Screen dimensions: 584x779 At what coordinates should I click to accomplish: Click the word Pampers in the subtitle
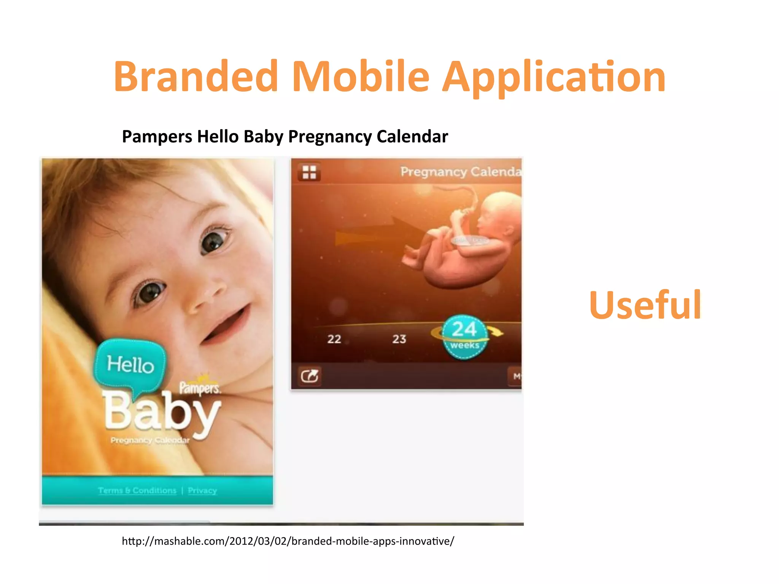click(x=157, y=136)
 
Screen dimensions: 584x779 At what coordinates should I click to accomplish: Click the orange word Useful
click(x=645, y=305)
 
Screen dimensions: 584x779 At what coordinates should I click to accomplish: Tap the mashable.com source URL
click(x=288, y=541)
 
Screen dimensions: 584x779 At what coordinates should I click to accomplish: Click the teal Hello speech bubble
click(x=130, y=364)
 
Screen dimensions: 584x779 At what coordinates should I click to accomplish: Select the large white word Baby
click(x=162, y=413)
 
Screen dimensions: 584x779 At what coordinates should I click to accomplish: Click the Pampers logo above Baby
click(x=200, y=387)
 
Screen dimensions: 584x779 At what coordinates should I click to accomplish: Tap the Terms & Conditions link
click(x=137, y=490)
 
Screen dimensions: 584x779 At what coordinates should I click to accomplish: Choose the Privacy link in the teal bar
click(x=202, y=490)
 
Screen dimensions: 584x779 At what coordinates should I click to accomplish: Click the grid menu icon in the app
click(x=309, y=172)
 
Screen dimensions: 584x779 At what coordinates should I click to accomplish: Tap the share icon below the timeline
click(x=309, y=376)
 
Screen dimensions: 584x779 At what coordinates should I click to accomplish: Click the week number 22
click(x=334, y=339)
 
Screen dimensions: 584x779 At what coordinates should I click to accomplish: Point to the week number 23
click(x=399, y=339)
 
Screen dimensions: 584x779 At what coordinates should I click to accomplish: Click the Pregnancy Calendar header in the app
click(x=460, y=172)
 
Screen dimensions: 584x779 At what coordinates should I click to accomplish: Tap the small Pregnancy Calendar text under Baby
click(x=150, y=440)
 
